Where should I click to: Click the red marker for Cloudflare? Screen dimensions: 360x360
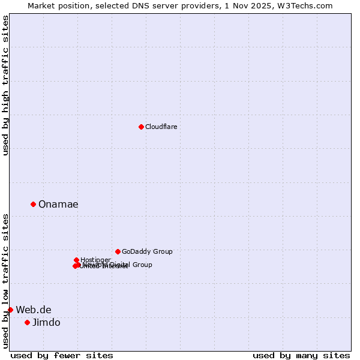(x=141, y=127)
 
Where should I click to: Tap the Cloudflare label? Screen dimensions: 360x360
(x=161, y=127)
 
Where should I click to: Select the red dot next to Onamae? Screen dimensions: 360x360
(x=33, y=204)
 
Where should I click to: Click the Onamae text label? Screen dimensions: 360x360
(x=58, y=204)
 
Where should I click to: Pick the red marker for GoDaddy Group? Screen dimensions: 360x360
(x=118, y=251)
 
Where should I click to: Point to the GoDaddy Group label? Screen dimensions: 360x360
(x=147, y=251)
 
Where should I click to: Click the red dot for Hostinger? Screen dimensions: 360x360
(x=76, y=260)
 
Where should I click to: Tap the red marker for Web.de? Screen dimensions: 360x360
(x=10, y=310)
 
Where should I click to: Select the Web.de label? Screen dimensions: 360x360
(x=34, y=310)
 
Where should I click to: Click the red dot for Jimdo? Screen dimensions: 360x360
(x=27, y=322)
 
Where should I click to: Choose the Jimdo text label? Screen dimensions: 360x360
(x=46, y=322)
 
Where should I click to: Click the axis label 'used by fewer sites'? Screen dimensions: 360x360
(x=62, y=355)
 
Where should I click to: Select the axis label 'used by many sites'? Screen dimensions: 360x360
(x=301, y=355)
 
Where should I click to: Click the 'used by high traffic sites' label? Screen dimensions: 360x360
(x=5, y=85)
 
